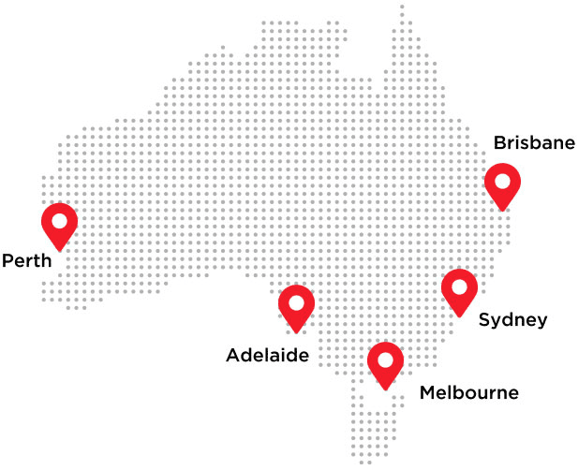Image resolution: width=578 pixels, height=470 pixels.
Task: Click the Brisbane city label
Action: pos(534,143)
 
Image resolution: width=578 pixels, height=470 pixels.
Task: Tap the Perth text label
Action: pos(26,259)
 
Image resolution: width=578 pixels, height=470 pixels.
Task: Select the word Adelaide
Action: pos(266,356)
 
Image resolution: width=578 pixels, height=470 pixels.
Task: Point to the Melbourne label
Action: pos(468,392)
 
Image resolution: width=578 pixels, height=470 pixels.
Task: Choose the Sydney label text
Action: pos(512,320)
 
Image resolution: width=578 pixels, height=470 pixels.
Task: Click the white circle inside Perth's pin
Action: pos(60,221)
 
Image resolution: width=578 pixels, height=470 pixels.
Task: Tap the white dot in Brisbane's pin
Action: pos(502,181)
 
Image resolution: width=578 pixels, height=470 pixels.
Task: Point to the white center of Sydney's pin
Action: pos(459,286)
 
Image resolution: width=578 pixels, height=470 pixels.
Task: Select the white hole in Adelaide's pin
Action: pos(296,302)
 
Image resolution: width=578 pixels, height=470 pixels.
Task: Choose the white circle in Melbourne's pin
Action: pos(385,360)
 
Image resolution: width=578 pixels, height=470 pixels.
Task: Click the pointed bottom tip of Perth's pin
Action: pos(60,250)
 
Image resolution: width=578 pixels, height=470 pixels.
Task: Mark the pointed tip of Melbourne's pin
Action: pos(385,389)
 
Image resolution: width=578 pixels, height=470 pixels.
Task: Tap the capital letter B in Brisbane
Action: pos(499,143)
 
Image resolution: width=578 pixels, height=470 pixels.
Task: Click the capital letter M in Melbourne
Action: pos(427,392)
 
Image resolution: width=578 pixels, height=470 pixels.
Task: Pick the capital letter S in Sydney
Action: pos(484,320)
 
